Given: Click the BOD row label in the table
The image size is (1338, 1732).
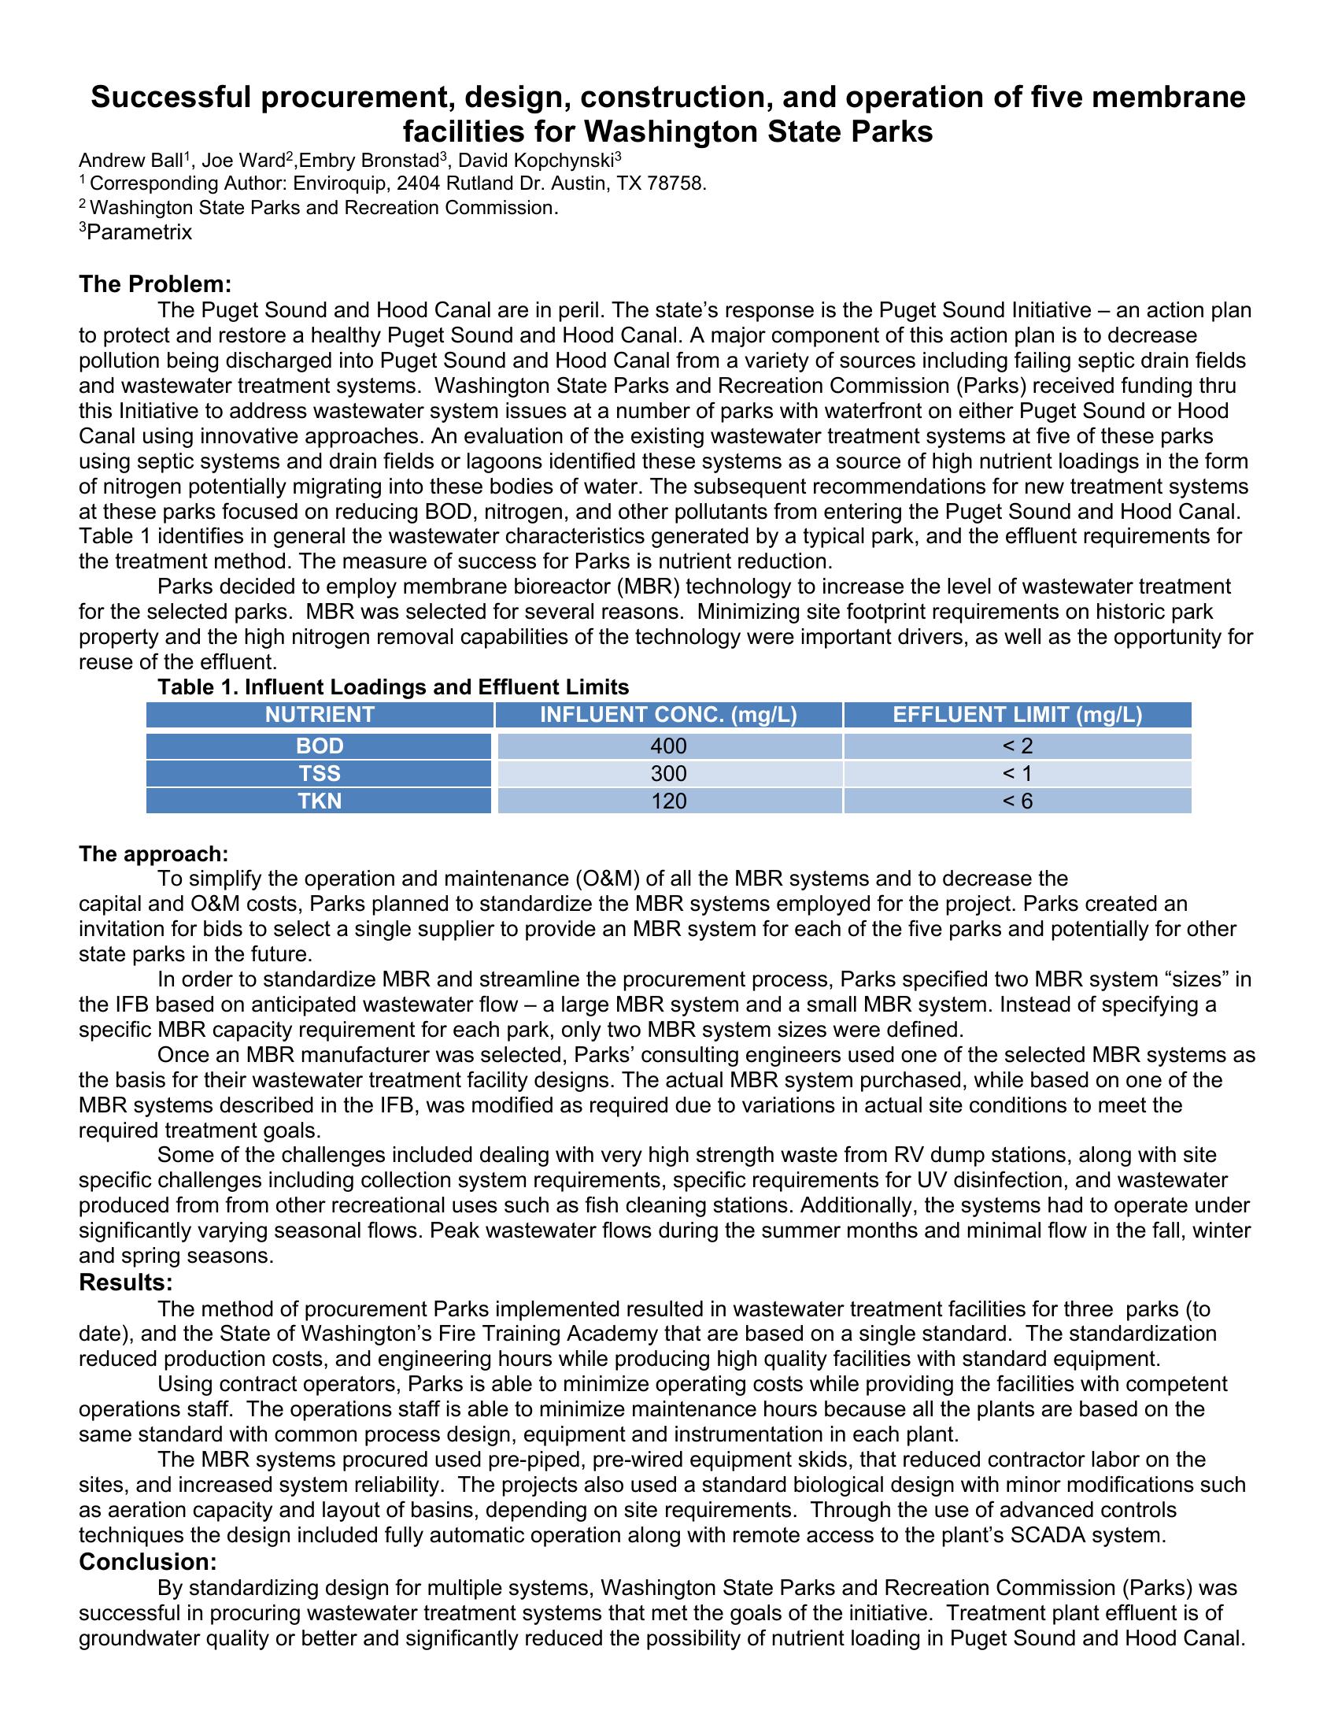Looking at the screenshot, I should (320, 746).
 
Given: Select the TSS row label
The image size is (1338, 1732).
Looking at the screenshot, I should (320, 773).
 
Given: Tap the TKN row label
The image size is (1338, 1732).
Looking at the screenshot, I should (320, 801).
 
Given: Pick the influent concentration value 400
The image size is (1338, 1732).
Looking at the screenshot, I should (668, 746).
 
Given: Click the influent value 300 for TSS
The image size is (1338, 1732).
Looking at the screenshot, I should (668, 773).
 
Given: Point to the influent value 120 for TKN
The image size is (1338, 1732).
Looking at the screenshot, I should (668, 801).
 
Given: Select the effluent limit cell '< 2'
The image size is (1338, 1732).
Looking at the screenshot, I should (1017, 746).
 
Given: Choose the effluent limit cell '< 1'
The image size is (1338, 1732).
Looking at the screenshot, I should (1017, 773).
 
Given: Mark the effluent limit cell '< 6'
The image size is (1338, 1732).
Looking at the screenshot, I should (1017, 801).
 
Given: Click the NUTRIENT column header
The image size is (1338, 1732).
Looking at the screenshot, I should (320, 715).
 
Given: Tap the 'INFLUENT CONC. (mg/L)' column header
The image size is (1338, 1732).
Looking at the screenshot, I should (668, 715).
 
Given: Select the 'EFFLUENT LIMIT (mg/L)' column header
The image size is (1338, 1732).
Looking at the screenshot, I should (1017, 715).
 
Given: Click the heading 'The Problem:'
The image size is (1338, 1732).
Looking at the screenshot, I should (155, 284).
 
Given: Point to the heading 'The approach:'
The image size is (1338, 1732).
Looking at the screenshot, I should (153, 854).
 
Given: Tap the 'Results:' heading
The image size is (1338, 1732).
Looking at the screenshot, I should (126, 1282).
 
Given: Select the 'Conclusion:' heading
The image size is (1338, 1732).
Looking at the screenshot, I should (148, 1561).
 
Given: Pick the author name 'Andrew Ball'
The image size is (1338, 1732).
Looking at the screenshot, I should (131, 161).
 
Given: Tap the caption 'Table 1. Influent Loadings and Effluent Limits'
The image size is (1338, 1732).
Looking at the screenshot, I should (394, 687).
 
